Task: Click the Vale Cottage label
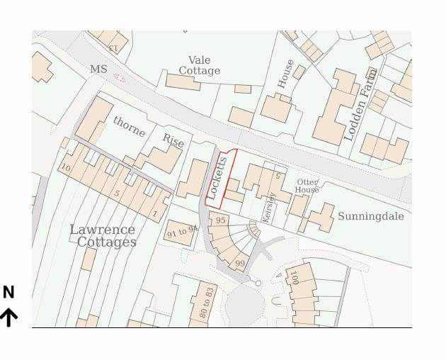(199, 66)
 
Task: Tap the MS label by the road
(98, 69)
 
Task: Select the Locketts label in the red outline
(217, 177)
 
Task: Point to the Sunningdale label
(370, 216)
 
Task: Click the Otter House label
(307, 186)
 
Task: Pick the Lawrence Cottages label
(103, 236)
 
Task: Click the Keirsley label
(268, 207)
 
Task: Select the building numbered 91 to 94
(181, 232)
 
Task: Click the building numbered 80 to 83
(206, 303)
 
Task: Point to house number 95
(221, 220)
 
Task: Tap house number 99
(240, 264)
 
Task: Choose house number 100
(294, 277)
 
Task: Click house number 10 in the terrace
(66, 168)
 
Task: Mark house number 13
(113, 47)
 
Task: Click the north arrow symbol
(8, 317)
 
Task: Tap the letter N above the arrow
(8, 292)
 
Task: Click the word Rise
(173, 140)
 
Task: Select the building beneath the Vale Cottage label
(183, 82)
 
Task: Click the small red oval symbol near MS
(120, 78)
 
